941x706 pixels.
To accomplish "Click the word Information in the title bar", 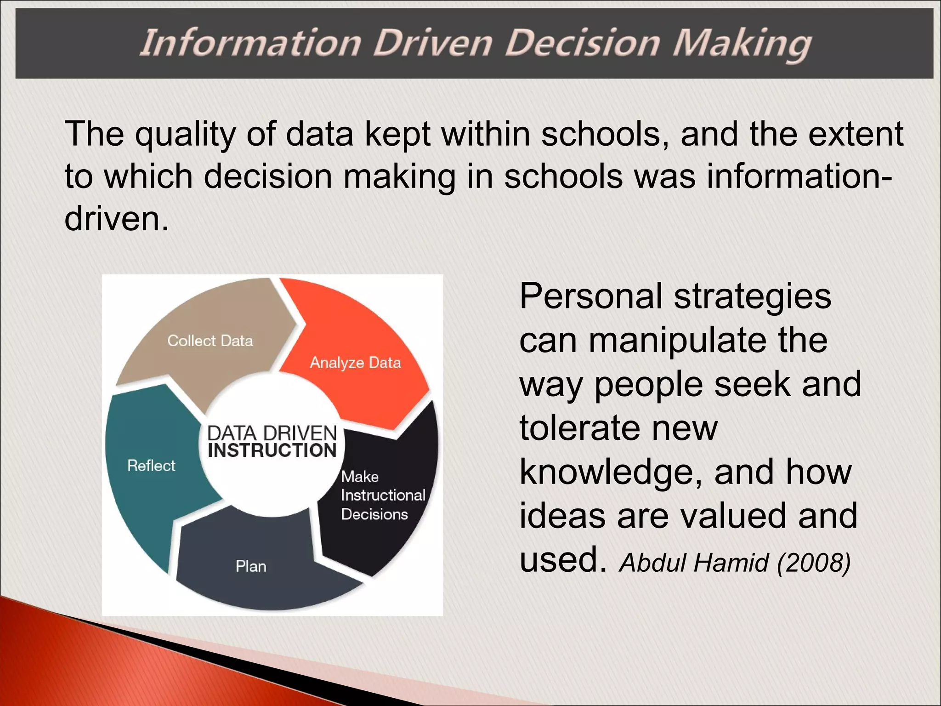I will click(250, 43).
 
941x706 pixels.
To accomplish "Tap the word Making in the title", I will click(742, 43).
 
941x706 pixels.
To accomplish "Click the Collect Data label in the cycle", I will click(210, 341).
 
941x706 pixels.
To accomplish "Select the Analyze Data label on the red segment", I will click(355, 363).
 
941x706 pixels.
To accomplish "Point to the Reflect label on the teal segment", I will click(151, 466).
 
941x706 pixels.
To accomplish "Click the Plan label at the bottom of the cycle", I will click(251, 566).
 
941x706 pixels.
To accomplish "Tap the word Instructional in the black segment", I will click(383, 495).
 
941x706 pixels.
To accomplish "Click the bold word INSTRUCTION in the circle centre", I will click(272, 450).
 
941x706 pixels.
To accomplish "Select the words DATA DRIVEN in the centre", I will click(272, 433).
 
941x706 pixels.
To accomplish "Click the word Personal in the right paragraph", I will click(591, 296).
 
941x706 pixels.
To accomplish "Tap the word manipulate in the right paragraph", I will click(677, 341).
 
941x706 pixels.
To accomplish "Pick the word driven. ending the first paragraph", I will click(117, 218).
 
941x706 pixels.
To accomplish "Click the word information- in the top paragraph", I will click(799, 176).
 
